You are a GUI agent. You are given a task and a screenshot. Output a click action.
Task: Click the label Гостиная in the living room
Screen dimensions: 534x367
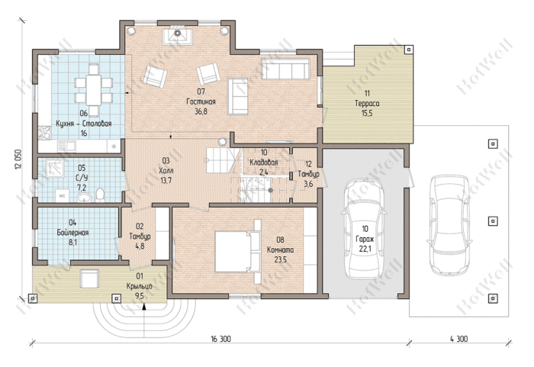pos(201,101)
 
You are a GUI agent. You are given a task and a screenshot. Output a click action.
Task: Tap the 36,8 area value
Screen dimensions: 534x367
pos(201,111)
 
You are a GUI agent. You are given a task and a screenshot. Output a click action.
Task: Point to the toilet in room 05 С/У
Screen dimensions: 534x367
pos(100,195)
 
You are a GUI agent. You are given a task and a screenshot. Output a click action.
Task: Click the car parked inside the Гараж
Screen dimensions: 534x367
pos(365,229)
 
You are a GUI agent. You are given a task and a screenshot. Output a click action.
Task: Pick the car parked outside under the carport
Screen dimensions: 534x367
pos(449,225)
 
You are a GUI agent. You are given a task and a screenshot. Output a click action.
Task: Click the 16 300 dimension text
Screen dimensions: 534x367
pos(220,339)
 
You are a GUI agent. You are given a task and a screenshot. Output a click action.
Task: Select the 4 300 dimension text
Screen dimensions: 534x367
pos(458,339)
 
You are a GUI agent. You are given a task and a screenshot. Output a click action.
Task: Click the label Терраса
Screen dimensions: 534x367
pos(367,103)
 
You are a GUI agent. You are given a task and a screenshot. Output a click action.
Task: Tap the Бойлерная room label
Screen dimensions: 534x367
pos(72,233)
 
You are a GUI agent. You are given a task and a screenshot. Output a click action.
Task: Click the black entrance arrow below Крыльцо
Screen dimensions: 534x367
pos(144,307)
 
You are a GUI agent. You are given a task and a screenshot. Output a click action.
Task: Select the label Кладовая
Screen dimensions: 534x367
pos(264,163)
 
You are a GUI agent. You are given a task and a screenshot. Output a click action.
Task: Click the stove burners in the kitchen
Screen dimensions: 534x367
pos(44,133)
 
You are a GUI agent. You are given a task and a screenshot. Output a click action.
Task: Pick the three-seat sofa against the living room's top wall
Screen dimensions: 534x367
pos(285,69)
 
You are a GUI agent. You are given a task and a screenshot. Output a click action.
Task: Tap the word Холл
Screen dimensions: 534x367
pos(166,170)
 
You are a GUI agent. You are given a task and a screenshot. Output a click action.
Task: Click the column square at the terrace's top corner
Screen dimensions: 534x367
pos(409,50)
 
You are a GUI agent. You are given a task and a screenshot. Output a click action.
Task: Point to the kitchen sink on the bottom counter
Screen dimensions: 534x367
pos(67,146)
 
